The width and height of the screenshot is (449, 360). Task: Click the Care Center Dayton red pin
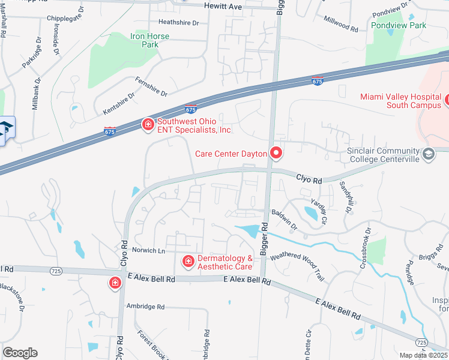click(x=276, y=153)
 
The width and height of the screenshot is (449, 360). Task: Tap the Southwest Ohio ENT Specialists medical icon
click(x=147, y=124)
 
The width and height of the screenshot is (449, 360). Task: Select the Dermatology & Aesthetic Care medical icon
click(x=187, y=262)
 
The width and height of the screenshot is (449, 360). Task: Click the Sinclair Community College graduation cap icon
click(x=428, y=154)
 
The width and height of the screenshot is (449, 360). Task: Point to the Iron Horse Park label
click(x=149, y=40)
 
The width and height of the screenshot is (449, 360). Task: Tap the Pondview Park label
click(x=399, y=25)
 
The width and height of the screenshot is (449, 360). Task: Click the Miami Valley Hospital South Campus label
click(x=400, y=101)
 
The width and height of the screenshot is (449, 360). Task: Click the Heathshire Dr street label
click(x=178, y=22)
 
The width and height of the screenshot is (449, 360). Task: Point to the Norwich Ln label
click(x=149, y=250)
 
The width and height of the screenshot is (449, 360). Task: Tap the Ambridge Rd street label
click(x=145, y=307)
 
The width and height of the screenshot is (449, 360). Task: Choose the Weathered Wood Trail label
click(x=297, y=266)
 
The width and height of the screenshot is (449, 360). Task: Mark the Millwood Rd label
click(x=340, y=24)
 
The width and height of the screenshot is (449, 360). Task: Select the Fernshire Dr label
click(x=151, y=86)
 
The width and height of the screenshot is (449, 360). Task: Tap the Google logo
click(x=20, y=353)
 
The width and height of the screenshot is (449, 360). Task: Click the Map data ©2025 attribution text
click(x=424, y=355)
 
